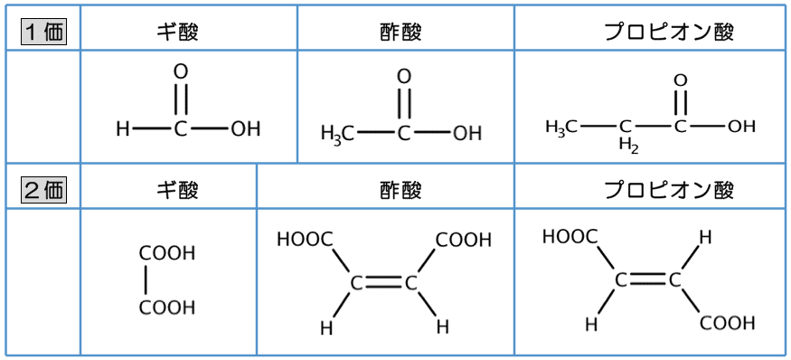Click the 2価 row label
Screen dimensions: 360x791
(42, 190)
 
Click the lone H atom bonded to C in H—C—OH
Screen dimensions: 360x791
(123, 129)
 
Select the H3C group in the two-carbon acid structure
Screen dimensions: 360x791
(336, 134)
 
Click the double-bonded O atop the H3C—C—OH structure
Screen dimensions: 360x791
(404, 77)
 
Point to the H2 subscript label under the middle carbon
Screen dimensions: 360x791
(629, 145)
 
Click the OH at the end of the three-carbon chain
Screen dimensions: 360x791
(741, 127)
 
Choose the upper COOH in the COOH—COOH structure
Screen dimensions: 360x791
(167, 253)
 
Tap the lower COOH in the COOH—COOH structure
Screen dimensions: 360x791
(167, 308)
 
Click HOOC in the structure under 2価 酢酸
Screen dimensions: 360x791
(305, 240)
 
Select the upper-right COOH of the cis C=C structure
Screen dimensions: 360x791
(464, 240)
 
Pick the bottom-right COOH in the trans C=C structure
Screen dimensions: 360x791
(727, 323)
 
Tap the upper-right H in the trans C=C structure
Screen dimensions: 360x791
(706, 237)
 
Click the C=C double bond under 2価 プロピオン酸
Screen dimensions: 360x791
(647, 280)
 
